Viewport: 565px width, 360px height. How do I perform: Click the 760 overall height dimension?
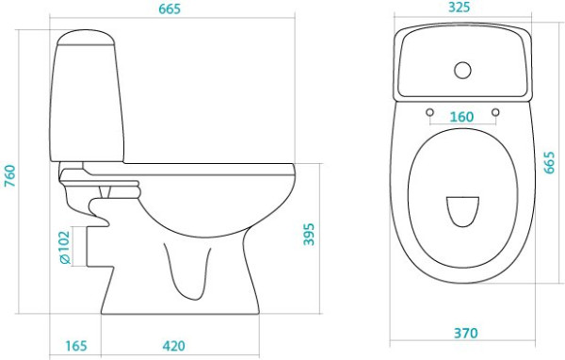tap(9, 175)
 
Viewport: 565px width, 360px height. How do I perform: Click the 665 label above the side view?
tap(169, 9)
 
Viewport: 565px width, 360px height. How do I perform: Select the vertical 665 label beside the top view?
tap(549, 163)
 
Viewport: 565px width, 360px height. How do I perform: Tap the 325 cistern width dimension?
tap(460, 8)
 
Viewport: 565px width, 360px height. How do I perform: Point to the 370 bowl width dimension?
tap(465, 333)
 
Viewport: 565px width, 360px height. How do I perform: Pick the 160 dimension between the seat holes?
tap(461, 117)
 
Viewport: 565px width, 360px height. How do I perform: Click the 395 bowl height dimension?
tap(309, 235)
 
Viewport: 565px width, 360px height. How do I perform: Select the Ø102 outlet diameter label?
tap(64, 248)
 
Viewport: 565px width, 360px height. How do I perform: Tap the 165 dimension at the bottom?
tap(76, 346)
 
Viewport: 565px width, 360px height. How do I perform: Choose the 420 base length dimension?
tap(173, 346)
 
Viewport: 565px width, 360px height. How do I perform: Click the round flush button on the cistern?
tap(462, 71)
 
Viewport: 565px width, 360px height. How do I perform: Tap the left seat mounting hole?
tap(429, 112)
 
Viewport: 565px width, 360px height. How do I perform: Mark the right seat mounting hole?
tap(495, 112)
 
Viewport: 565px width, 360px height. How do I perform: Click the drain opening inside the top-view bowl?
tap(462, 211)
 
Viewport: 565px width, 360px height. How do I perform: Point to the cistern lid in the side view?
tap(86, 38)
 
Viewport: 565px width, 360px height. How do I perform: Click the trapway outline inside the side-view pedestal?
tap(187, 271)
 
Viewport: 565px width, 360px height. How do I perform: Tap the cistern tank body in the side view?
tap(87, 103)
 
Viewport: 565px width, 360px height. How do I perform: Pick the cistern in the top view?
tap(462, 62)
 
